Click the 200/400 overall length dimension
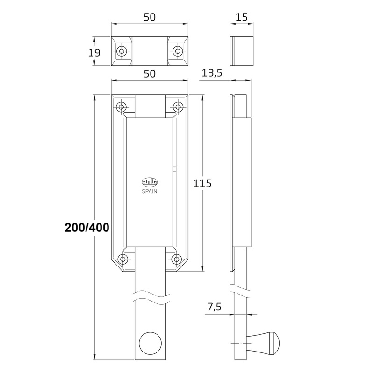coord(87,228)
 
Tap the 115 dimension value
coord(202,183)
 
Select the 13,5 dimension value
coord(212,73)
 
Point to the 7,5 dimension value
coord(215,307)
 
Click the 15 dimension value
coord(242,17)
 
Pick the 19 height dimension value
coord(94,53)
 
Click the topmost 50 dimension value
coord(150,17)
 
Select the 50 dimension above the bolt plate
coord(150,74)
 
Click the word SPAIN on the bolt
coord(150,191)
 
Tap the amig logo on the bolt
coord(150,182)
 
